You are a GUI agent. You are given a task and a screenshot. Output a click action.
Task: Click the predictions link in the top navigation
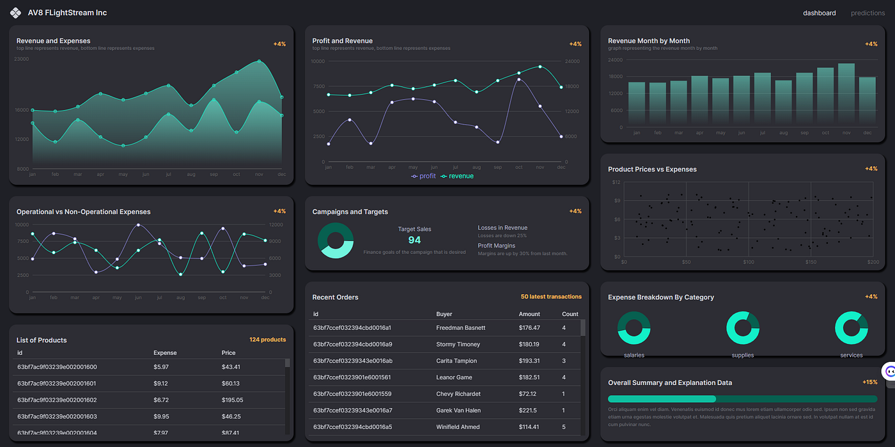coord(868,13)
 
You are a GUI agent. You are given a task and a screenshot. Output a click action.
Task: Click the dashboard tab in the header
coord(819,13)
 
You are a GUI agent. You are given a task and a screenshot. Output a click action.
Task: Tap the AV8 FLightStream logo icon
coord(15,13)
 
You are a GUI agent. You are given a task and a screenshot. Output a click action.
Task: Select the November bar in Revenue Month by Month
coord(846,95)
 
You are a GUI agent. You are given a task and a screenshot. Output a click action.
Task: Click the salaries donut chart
coord(634,327)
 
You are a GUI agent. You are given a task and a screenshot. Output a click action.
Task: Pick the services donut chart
coord(851,327)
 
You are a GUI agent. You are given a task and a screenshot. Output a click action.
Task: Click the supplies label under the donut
coord(742,355)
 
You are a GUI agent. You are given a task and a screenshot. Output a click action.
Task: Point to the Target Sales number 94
coord(414,240)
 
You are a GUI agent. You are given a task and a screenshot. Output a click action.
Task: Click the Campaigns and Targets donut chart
coord(336,240)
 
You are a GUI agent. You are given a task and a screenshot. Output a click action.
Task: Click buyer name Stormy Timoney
coord(458,344)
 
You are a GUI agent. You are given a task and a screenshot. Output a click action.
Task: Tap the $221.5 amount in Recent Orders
coord(527,411)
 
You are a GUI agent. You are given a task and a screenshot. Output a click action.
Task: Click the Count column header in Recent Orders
coord(570,314)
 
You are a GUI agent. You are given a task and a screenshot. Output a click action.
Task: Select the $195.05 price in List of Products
coord(232,400)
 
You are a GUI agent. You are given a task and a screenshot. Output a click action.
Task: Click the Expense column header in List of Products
coord(165,353)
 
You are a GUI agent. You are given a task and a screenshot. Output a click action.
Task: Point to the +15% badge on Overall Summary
coord(869,382)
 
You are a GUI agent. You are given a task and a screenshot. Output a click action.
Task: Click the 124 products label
coord(267,340)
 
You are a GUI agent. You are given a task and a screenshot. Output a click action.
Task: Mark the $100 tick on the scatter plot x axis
coord(748,262)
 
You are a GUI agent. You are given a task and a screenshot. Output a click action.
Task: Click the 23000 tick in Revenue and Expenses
coord(22,59)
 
